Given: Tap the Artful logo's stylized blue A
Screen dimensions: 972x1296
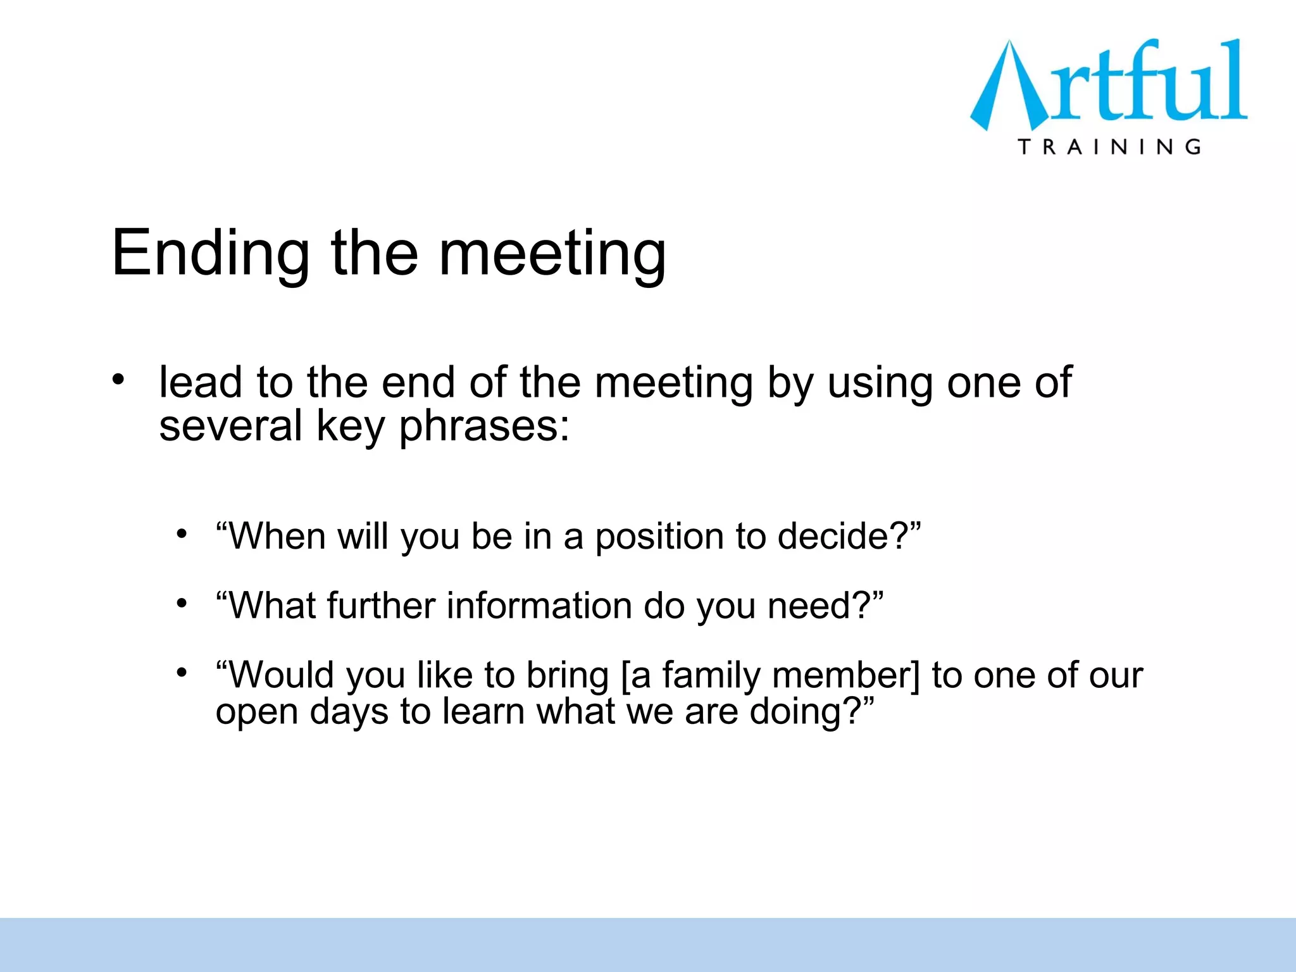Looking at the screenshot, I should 1006,89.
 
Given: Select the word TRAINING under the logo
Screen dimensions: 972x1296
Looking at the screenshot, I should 1109,147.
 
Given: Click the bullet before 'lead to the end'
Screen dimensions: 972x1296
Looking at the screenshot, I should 118,380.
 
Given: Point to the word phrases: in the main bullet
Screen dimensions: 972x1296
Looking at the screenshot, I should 484,427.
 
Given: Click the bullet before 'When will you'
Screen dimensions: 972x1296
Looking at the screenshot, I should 182,534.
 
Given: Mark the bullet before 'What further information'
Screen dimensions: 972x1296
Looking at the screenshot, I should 182,604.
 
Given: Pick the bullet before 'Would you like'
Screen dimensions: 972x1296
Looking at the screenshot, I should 182,672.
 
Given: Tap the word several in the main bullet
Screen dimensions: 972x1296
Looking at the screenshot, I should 230,425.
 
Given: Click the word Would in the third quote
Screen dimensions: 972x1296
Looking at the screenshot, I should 282,675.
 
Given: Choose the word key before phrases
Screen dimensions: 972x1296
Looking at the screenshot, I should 350,427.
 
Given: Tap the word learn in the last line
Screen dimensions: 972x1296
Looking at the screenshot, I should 483,712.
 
